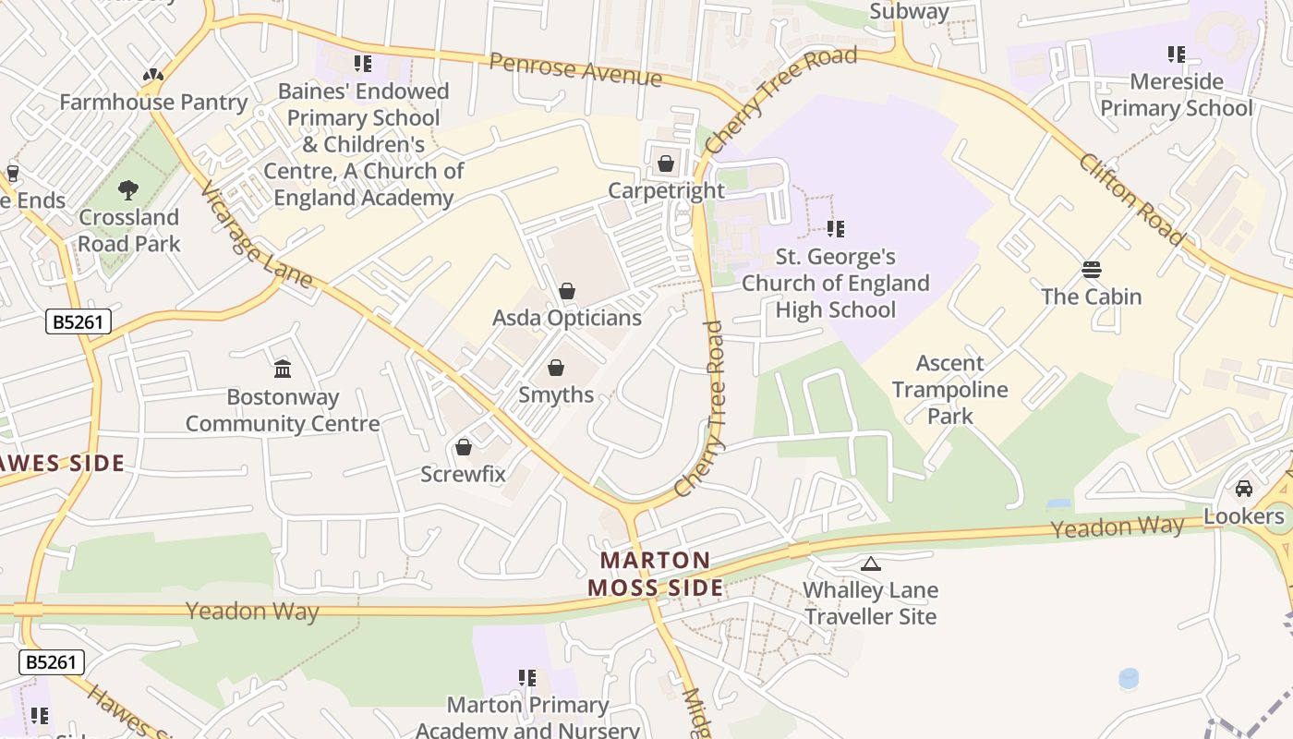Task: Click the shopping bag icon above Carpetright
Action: tap(665, 164)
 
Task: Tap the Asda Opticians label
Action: tap(566, 318)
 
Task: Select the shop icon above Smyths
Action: tap(556, 369)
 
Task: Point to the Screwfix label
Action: tap(463, 475)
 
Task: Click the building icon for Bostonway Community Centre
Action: tap(283, 369)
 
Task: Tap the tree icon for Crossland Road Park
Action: tap(128, 190)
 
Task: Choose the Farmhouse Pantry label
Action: tap(153, 102)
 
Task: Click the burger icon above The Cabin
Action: tap(1092, 270)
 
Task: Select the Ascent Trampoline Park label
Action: tap(950, 389)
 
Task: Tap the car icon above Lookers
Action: tap(1244, 489)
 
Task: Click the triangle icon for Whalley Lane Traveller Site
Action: tap(870, 563)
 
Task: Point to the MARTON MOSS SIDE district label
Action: tap(656, 574)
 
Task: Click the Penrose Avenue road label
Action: tap(575, 69)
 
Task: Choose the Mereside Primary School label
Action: tap(1176, 95)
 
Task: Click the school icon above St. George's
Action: tap(836, 228)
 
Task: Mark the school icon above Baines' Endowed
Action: tap(363, 64)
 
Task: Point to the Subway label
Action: tap(909, 11)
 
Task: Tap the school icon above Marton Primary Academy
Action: tap(527, 678)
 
